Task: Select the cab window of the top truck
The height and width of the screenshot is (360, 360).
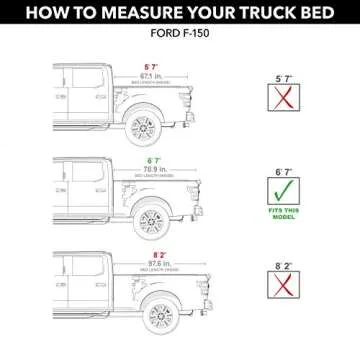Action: tap(72, 79)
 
